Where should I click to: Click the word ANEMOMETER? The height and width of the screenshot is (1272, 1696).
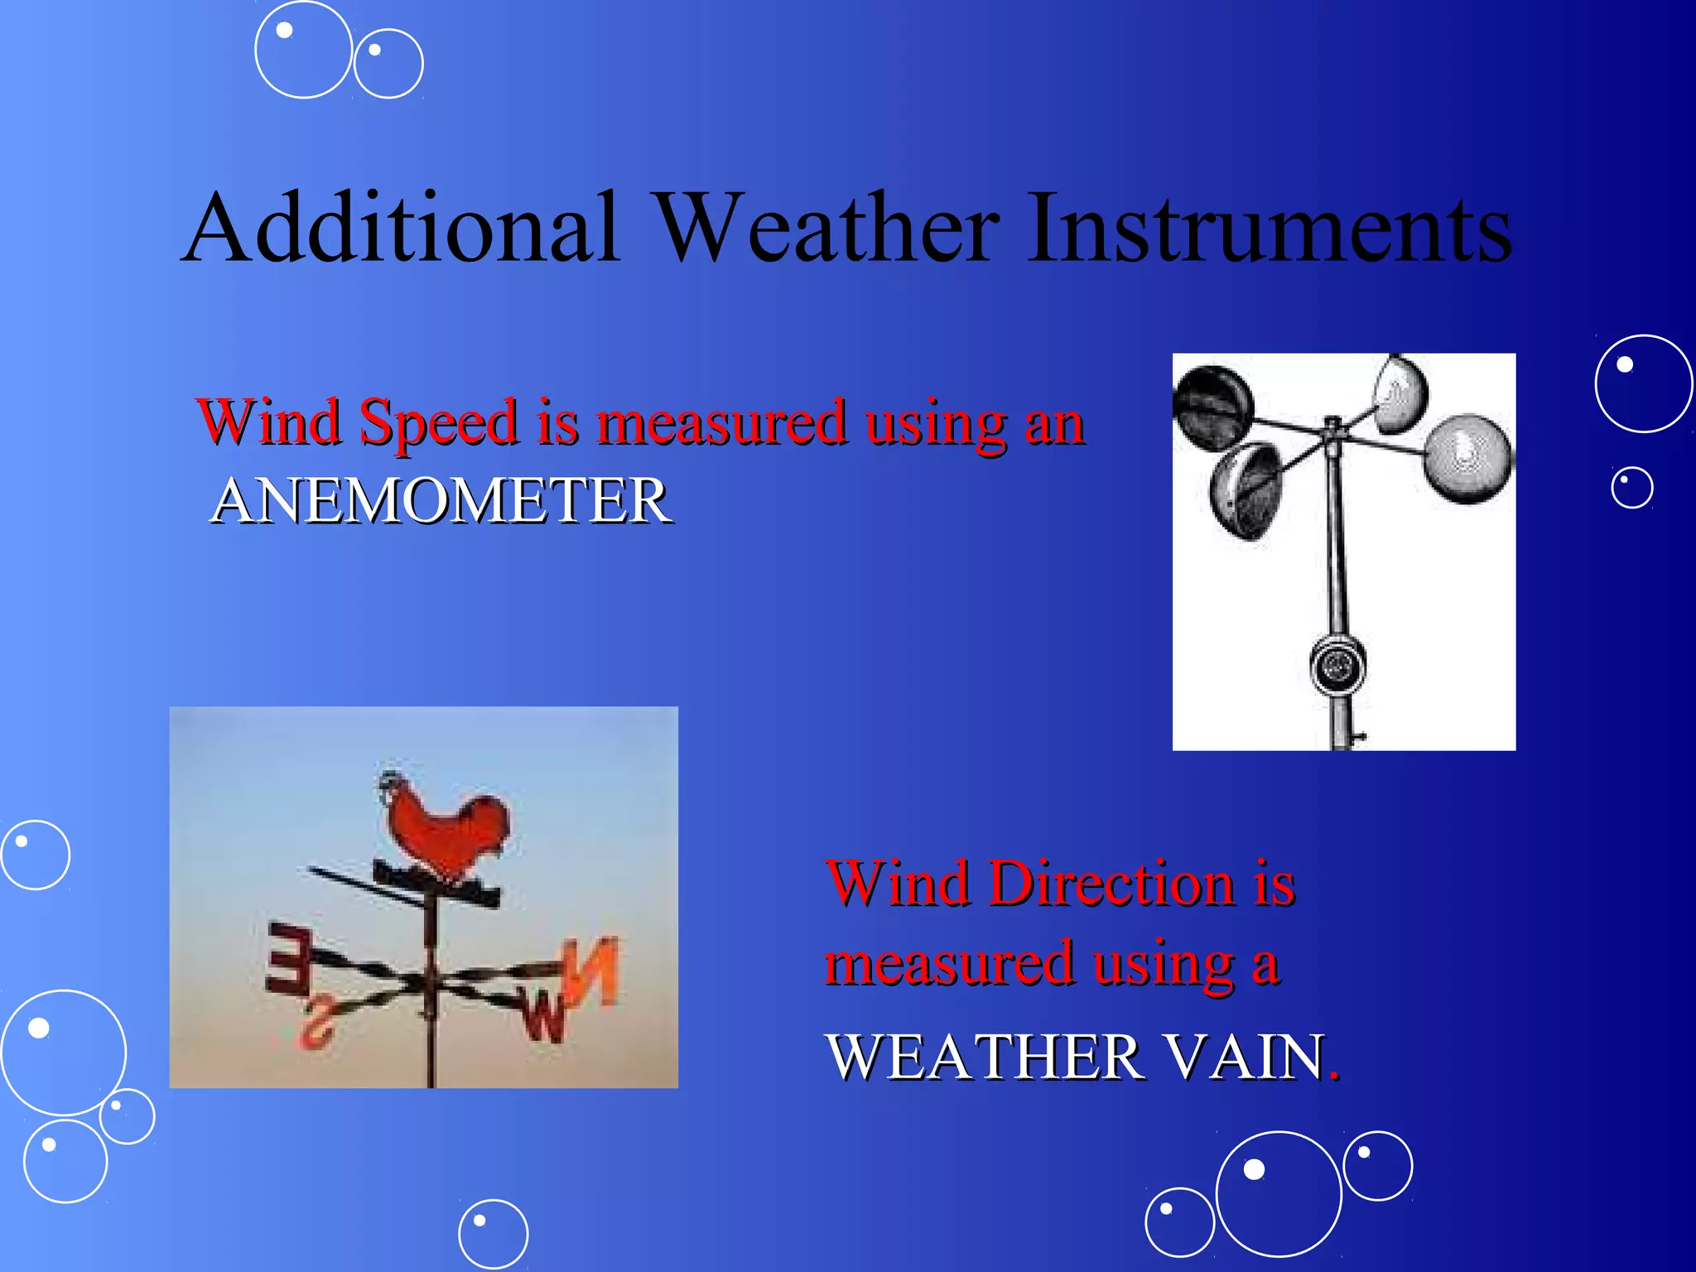[x=441, y=502]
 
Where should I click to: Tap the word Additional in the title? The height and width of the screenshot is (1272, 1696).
[x=401, y=228]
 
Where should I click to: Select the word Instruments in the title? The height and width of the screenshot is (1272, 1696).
[x=1269, y=228]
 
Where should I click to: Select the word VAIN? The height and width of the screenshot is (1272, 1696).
[x=1242, y=1058]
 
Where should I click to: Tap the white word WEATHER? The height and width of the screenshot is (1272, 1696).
[x=985, y=1058]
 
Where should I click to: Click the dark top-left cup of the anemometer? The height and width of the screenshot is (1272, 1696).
[x=1214, y=407]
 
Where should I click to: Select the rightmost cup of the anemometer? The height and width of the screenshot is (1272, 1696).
[x=1467, y=460]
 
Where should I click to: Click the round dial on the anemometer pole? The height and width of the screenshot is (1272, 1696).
[x=1337, y=664]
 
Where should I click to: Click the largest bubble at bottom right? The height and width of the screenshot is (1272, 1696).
[x=1278, y=1193]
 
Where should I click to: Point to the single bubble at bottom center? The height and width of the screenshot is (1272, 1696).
[x=493, y=1234]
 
